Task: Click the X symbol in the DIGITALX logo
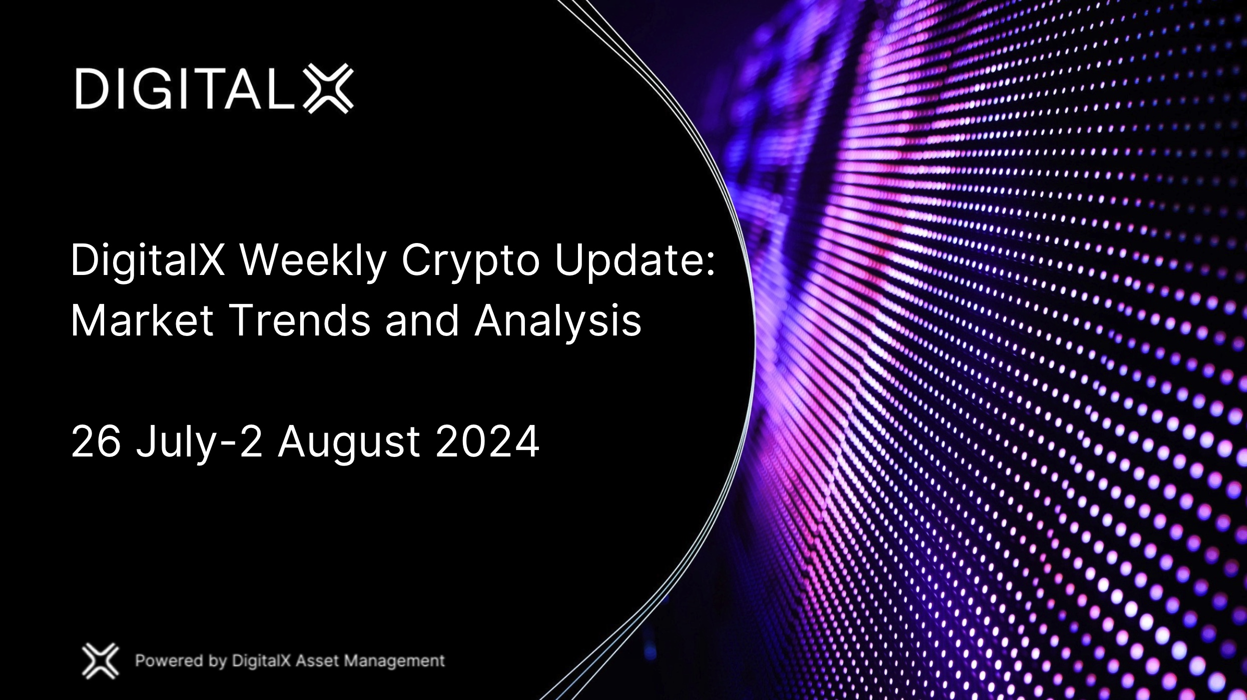[328, 88]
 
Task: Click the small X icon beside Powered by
[100, 660]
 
